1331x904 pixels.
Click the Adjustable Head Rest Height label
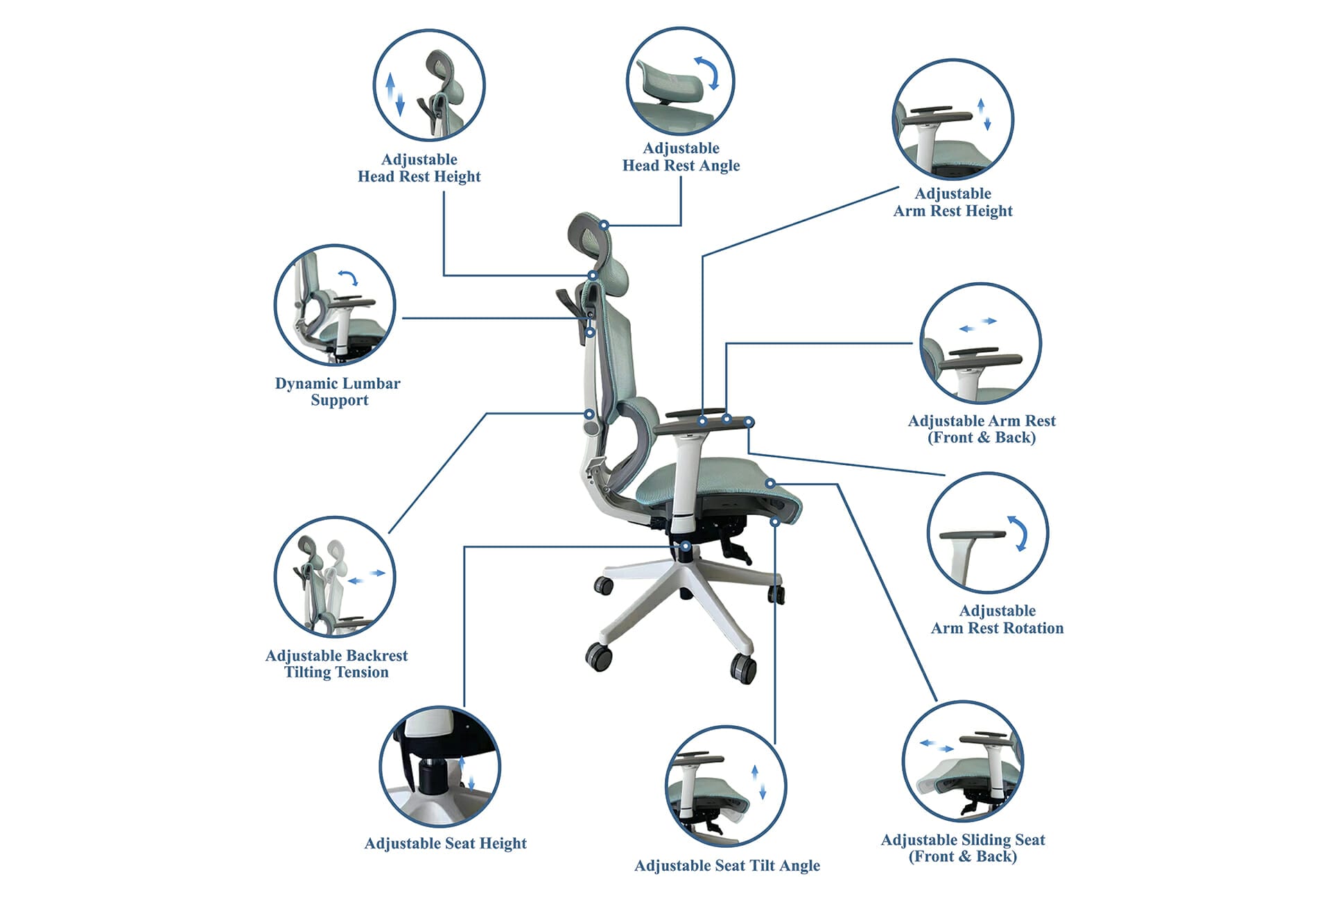419,168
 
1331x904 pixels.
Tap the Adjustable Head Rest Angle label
681,157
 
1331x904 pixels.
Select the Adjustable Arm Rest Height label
952,202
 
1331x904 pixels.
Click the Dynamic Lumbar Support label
338,392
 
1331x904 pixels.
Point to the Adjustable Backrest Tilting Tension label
336,663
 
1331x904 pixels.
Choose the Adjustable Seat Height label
446,843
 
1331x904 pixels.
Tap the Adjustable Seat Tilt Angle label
727,865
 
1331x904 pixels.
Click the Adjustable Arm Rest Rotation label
997,619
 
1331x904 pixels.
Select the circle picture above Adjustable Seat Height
440,767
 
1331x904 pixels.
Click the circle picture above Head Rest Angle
680,81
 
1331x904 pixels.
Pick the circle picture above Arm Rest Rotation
988,533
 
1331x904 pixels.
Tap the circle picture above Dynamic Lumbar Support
335,305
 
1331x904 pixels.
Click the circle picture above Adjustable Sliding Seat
963,761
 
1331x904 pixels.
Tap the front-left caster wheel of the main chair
599,656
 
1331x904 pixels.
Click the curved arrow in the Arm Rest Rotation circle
1018,533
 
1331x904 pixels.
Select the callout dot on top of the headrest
604,225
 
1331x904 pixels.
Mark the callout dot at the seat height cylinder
685,546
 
